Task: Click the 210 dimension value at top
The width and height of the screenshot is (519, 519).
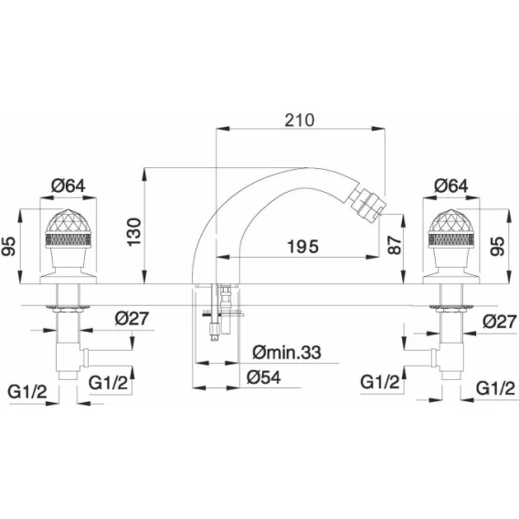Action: tap(300, 120)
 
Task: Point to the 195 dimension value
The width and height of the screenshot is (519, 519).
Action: tap(302, 247)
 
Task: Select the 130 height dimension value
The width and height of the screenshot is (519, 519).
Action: tap(134, 232)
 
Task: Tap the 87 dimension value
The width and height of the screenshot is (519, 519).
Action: tap(395, 245)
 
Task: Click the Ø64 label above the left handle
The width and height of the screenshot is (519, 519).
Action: tap(69, 185)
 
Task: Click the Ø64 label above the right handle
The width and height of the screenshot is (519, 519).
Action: tap(451, 185)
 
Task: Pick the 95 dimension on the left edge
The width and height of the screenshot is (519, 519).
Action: tap(9, 246)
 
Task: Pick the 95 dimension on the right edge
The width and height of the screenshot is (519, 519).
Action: tap(497, 246)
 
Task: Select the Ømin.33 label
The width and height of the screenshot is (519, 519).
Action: tap(287, 353)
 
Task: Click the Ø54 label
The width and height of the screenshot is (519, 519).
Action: tap(264, 377)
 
